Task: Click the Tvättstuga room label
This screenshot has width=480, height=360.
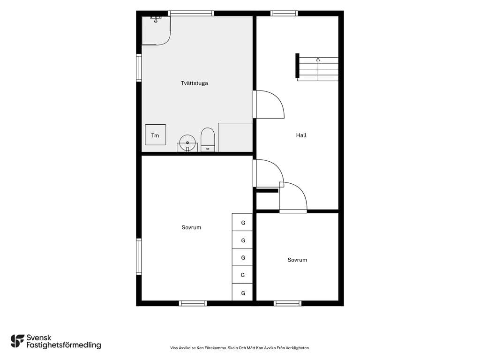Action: pos(195,83)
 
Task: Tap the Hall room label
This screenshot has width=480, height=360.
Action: pos(301,135)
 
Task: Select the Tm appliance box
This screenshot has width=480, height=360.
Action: pos(156,135)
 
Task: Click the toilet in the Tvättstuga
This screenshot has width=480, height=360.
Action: pos(208,140)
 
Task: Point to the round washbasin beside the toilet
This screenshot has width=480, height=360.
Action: pos(187,143)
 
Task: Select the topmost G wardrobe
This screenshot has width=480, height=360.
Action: pos(242,222)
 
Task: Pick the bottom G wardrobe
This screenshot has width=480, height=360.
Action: pos(242,292)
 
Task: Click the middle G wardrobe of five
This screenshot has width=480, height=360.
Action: pos(242,257)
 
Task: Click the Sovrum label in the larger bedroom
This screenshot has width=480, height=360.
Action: pos(191,227)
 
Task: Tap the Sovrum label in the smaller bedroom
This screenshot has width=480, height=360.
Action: pos(297,260)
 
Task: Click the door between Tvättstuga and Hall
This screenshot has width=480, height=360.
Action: pos(269,105)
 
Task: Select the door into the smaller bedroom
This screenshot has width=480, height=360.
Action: pos(293,197)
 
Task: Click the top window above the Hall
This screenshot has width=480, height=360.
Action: pos(284,14)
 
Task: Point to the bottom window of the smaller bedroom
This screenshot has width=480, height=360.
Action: pos(287,303)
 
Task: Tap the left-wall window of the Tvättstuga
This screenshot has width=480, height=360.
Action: pos(139,67)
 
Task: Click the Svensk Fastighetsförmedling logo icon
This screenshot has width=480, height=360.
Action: pos(17,341)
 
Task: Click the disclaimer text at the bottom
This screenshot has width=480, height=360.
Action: pos(240,348)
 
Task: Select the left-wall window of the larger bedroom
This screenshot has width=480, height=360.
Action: pos(139,256)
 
